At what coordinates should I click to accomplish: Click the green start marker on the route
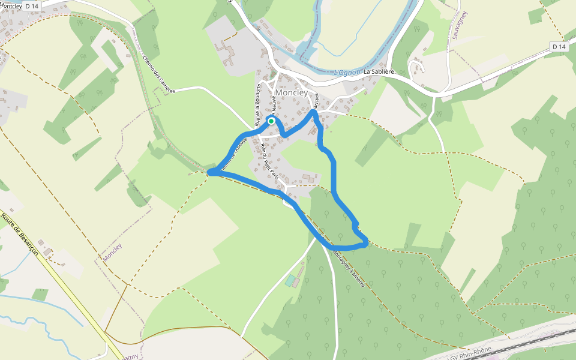[271, 121]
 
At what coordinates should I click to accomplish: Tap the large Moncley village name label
[292, 93]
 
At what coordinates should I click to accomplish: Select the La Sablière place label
[379, 71]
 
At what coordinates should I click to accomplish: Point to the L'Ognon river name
[348, 73]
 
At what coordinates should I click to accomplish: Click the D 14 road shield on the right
[559, 46]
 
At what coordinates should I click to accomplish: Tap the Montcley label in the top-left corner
[11, 5]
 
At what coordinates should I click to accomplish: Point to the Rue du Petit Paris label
[274, 165]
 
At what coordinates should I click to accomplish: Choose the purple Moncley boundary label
[113, 252]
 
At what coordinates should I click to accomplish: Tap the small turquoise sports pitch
[291, 280]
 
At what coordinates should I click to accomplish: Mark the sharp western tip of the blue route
[209, 173]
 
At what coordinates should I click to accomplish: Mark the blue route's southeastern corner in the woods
[365, 242]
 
